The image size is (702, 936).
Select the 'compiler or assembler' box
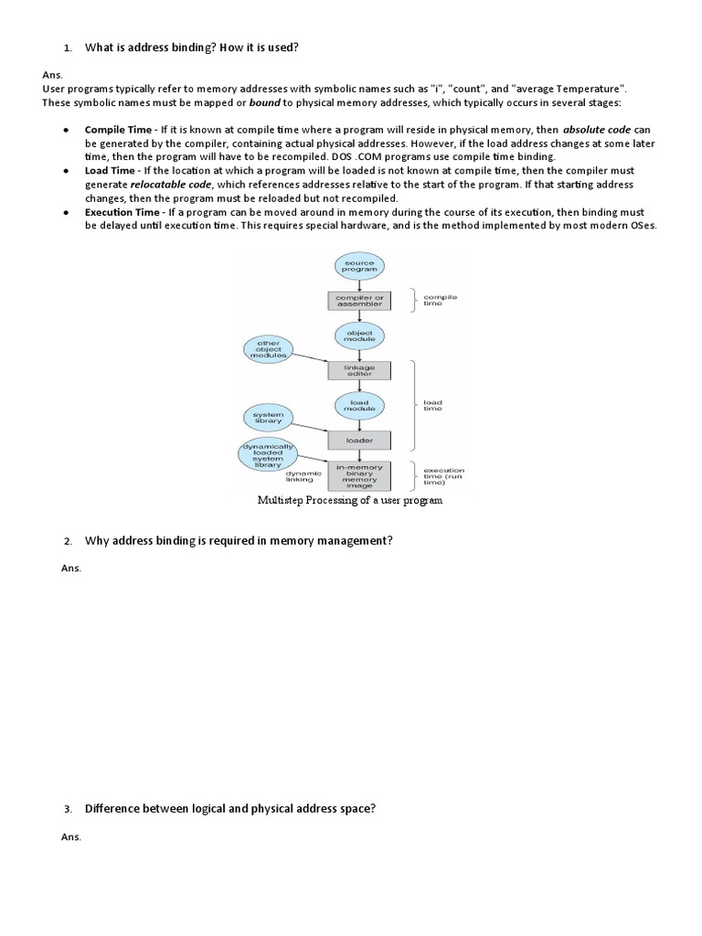(359, 299)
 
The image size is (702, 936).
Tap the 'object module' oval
(359, 335)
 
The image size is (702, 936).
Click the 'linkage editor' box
(359, 370)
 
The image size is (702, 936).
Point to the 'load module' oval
(359, 405)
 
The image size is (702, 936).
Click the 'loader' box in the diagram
(359, 440)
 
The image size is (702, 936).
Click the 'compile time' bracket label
(441, 300)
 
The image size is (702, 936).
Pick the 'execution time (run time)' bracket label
(444, 476)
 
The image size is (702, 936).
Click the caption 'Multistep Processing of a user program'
(350, 501)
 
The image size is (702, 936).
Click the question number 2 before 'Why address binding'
(68, 542)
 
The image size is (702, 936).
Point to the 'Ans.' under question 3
(71, 836)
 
